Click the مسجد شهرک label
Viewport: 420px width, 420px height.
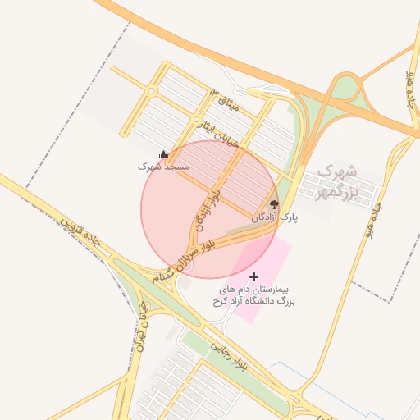click(163, 167)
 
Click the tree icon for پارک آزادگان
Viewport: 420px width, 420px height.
click(274, 205)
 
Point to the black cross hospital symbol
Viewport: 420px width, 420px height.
click(253, 277)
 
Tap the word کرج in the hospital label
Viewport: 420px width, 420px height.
click(222, 302)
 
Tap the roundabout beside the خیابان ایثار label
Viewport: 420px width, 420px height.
click(198, 121)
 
